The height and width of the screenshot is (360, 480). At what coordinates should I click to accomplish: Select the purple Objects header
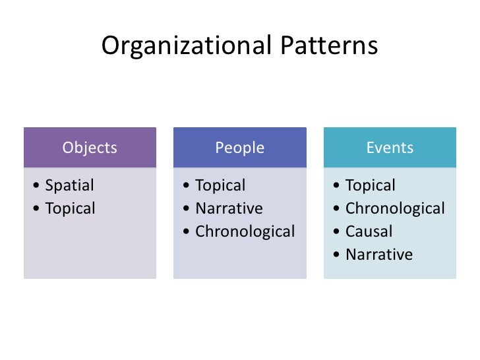coord(90,148)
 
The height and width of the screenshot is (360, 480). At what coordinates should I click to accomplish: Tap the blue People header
coord(239,148)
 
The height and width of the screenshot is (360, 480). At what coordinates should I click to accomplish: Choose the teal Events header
coord(390,148)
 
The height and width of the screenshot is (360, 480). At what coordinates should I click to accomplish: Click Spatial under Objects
coord(69,186)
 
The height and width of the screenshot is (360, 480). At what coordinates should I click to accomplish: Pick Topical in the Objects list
coord(70,209)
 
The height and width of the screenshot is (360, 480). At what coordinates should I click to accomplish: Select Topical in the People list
coord(220,186)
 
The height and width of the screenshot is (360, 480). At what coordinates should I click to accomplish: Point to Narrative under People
coord(229,209)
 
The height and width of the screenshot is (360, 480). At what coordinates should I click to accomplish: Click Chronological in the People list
coord(245,232)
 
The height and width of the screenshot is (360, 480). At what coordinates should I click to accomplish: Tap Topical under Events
coord(371,186)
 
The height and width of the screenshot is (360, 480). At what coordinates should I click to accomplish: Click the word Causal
coord(369,232)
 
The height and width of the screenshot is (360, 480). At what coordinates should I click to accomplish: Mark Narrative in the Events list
coord(379,255)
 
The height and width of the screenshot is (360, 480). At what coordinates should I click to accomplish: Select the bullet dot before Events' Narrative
coord(337,255)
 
